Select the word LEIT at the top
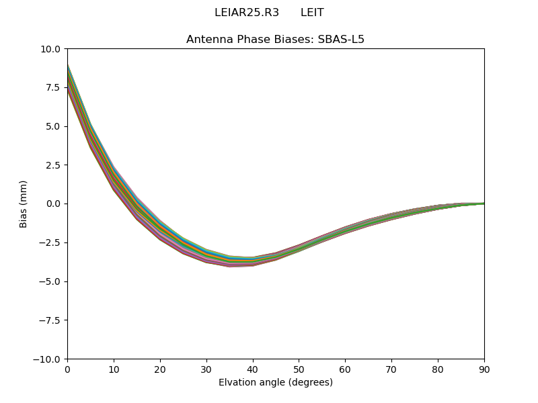click(312, 13)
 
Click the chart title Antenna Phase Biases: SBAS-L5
click(275, 39)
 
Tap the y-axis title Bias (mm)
click(24, 204)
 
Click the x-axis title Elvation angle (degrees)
click(275, 383)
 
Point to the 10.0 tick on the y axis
click(50, 49)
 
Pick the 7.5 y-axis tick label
click(53, 87)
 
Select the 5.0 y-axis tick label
click(53, 126)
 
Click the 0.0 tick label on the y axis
click(53, 204)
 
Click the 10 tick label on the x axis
click(114, 369)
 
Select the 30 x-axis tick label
click(206, 369)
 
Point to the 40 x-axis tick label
click(253, 369)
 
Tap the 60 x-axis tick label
click(345, 369)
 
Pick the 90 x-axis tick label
click(484, 369)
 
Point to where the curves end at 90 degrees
click(483, 203)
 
